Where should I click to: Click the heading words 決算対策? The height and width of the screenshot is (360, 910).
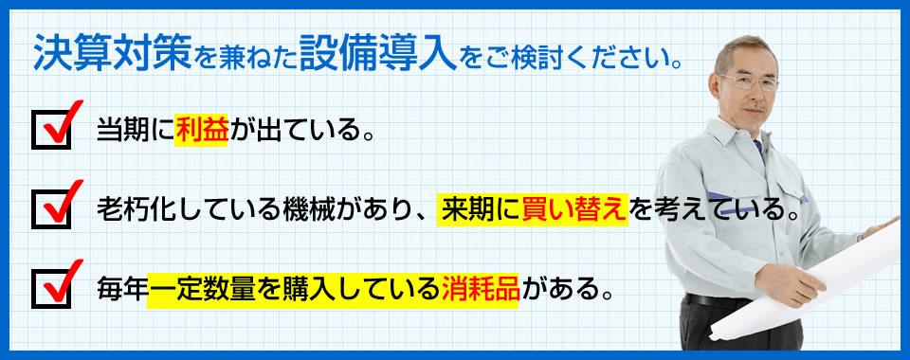coord(113,52)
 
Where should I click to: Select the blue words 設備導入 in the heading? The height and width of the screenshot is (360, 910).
coord(378,52)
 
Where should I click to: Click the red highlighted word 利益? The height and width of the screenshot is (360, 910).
coord(201,131)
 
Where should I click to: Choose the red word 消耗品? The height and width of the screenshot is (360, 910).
coord(480,289)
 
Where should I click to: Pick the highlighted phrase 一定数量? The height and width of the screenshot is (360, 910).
coord(201,289)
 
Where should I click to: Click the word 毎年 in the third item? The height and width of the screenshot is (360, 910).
coord(122,289)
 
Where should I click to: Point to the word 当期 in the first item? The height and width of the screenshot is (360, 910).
coord(122,131)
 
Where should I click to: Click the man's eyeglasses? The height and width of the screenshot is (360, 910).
coord(748,81)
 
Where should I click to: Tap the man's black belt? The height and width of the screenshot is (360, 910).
coord(718,301)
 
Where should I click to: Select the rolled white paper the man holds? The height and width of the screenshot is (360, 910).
coord(812,284)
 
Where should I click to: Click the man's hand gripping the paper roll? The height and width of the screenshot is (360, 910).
coord(790,283)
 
